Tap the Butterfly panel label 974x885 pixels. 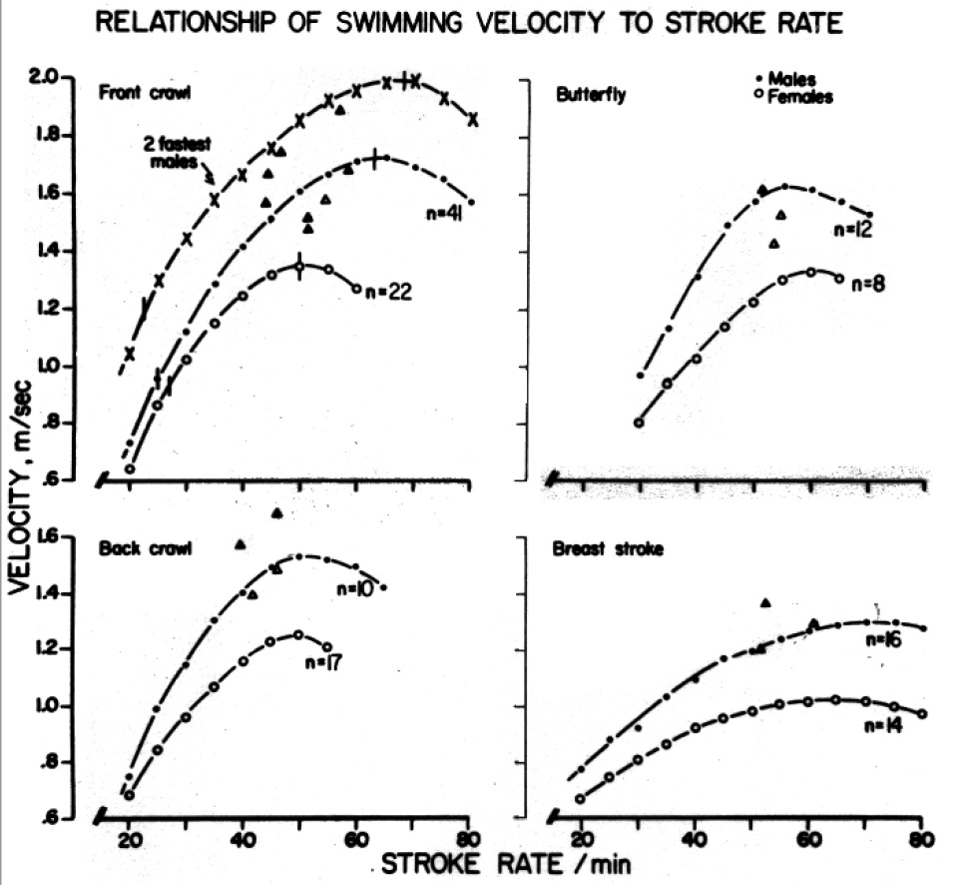tap(587, 93)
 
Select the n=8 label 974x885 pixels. tap(869, 284)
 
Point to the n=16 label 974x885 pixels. tap(883, 640)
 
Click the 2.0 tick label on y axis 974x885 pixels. tap(78, 78)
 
